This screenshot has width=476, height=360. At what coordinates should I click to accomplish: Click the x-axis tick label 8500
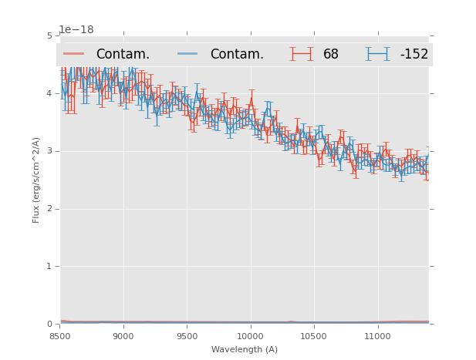click(x=59, y=337)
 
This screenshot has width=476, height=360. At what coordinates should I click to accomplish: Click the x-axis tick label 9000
click(x=123, y=337)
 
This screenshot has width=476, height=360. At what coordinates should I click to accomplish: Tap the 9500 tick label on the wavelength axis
click(x=187, y=337)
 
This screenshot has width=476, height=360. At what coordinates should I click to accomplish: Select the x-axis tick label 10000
click(x=251, y=337)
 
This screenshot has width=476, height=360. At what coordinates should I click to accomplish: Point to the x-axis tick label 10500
click(x=314, y=337)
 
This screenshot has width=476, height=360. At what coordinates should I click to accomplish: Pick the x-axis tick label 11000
click(x=378, y=337)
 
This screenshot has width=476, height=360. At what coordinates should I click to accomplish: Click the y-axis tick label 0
click(x=49, y=325)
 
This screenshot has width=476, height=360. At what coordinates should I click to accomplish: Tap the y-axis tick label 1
click(x=49, y=267)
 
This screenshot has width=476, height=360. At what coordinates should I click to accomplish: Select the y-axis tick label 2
click(x=49, y=209)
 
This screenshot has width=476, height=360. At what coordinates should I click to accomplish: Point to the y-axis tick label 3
click(x=49, y=151)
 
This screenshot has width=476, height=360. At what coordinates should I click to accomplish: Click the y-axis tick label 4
click(x=49, y=93)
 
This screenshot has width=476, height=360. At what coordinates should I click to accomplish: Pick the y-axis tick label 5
click(x=49, y=35)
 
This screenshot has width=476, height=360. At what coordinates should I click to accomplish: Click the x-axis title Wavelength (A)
click(x=245, y=350)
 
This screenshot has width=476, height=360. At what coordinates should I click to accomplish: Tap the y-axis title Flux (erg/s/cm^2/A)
click(x=36, y=180)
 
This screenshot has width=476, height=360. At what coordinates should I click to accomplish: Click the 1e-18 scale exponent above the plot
click(x=76, y=30)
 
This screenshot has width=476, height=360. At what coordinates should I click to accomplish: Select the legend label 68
click(x=330, y=55)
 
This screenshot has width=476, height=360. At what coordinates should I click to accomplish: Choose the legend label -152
click(x=414, y=55)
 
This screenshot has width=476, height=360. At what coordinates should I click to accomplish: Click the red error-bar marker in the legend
click(x=301, y=54)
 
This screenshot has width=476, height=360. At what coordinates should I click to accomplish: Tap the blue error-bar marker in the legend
click(x=377, y=54)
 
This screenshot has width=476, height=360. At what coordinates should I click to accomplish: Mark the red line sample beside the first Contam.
click(x=74, y=54)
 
